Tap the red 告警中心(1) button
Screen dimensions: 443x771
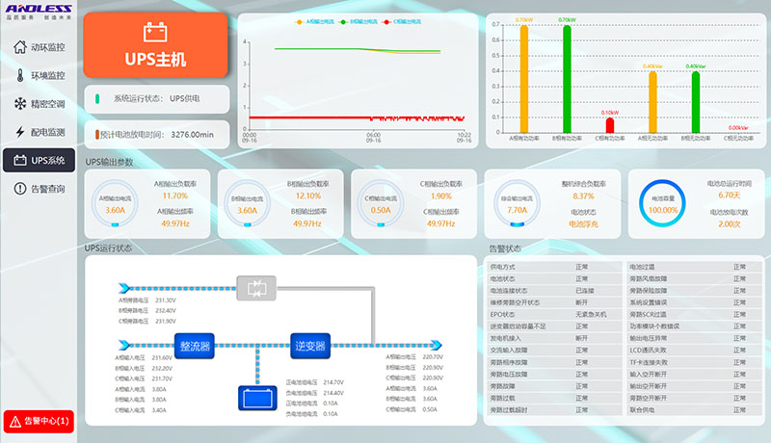pos(39,421)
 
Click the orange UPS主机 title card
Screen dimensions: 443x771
pos(155,46)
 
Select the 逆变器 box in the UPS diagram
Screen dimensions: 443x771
pos(309,344)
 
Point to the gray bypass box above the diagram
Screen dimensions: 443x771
pos(256,287)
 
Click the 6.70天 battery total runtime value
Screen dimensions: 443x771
pos(729,195)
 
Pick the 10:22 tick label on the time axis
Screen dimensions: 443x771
pos(464,135)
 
